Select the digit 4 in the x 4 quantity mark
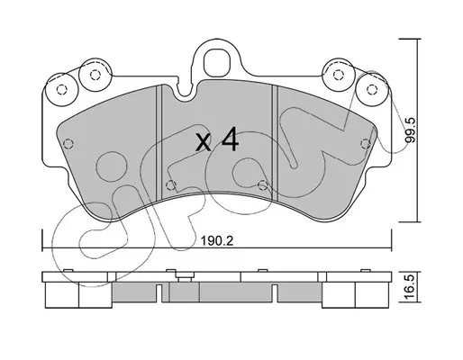click(x=231, y=140)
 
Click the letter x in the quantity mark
click(x=204, y=143)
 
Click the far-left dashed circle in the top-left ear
click(x=61, y=90)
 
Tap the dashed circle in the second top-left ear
click(x=95, y=75)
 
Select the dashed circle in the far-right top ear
click(x=372, y=89)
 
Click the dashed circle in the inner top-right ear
click(x=338, y=75)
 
